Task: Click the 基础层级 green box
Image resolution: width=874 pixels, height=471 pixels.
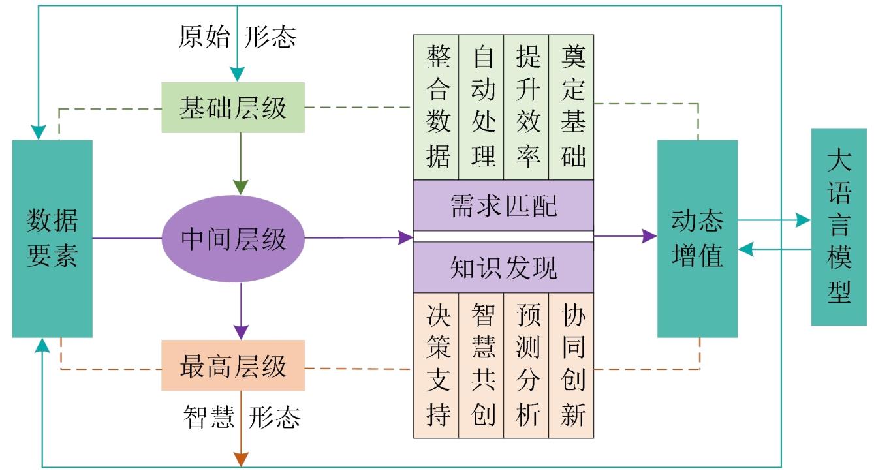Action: click(233, 108)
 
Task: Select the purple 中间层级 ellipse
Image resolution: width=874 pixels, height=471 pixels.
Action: click(233, 239)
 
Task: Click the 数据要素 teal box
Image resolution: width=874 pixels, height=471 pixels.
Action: click(52, 239)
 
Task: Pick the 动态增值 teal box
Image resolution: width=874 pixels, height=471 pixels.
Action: click(697, 239)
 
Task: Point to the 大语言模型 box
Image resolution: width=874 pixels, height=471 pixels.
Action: click(838, 227)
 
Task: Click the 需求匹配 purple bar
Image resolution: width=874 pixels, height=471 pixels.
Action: click(504, 205)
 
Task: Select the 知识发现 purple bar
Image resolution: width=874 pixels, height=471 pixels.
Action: click(504, 267)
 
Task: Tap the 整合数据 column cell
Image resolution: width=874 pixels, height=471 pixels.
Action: click(437, 106)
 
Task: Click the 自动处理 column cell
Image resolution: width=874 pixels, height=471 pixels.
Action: click(482, 106)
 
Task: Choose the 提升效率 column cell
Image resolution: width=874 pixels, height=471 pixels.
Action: click(526, 106)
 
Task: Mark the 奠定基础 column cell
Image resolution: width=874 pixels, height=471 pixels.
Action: click(571, 106)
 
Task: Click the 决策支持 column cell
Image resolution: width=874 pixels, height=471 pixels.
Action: click(437, 365)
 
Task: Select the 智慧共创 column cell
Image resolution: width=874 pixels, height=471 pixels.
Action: click(482, 365)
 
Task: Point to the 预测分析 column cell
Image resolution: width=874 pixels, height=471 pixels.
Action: click(526, 365)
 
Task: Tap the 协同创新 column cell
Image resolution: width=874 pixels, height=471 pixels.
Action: click(571, 365)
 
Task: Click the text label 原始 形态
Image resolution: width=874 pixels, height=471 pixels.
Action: click(238, 38)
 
